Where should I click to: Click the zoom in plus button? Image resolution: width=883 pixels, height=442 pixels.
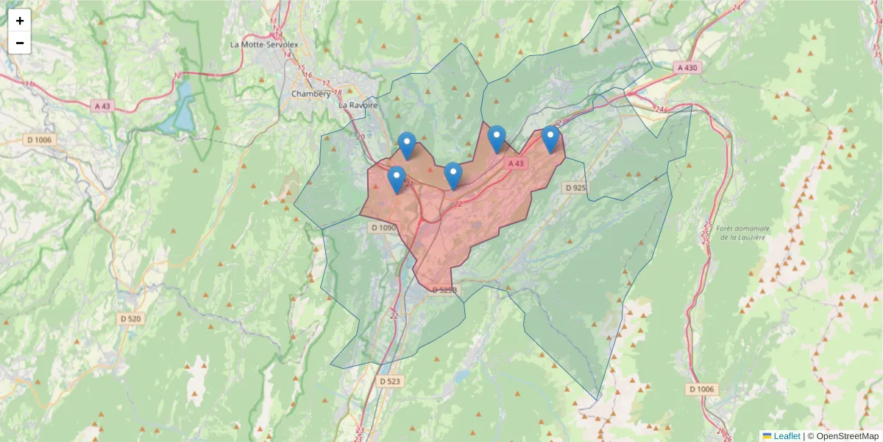coord(20,20)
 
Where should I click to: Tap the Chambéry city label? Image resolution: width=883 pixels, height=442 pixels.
coord(311,94)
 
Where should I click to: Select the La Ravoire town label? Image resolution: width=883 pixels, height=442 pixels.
coord(358,105)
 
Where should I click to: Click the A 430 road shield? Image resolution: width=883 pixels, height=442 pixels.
coord(687,67)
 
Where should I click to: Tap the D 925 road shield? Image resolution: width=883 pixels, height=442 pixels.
coord(576,188)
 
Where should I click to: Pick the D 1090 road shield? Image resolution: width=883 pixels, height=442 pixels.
coord(384,228)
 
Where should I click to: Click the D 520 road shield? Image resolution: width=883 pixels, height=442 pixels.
coord(131,319)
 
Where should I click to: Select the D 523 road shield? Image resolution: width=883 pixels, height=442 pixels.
coord(391,381)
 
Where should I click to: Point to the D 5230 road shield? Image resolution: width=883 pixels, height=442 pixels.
coord(444,290)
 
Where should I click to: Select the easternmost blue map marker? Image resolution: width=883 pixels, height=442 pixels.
coord(550,137)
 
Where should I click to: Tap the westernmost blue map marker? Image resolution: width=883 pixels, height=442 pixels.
coord(397,178)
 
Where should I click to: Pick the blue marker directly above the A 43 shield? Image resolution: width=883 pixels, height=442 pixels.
coord(497,137)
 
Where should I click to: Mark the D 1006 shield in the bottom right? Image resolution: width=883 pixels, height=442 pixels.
coord(702,389)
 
